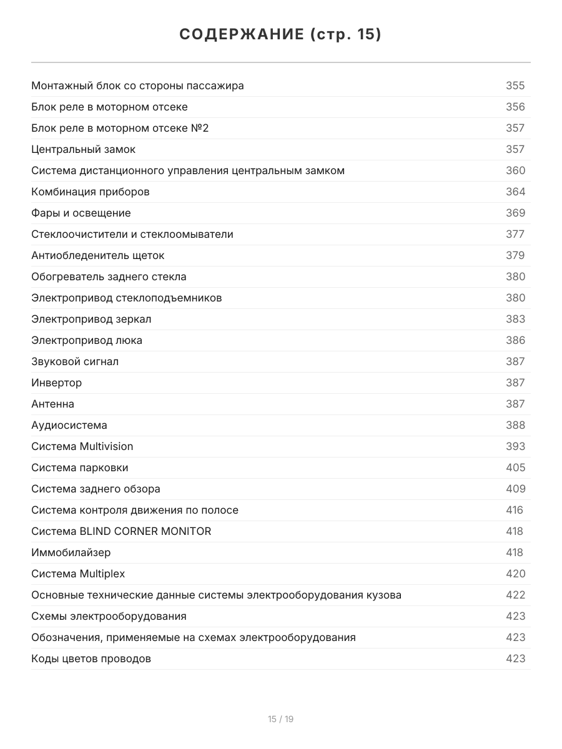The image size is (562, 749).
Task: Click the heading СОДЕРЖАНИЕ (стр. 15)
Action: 280,34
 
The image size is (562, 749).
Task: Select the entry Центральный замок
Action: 83,149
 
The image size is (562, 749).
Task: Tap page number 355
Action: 515,86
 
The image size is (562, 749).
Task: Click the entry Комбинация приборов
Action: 90,192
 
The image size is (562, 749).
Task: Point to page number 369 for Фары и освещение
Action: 515,213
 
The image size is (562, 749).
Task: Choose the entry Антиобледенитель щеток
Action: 97,255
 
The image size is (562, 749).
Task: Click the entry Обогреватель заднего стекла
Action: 109,277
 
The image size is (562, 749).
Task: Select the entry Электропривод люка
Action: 86,340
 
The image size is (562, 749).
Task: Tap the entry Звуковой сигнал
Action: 74,361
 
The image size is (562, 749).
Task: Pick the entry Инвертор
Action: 56,383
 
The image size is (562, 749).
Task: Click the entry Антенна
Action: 52,404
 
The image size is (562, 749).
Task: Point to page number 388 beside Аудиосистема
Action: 515,425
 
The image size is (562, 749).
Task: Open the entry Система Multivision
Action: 82,446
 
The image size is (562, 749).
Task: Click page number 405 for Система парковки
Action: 515,468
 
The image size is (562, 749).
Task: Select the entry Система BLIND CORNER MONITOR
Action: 121,531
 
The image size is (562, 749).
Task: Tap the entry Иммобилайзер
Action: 71,552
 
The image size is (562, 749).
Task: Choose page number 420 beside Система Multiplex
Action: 515,574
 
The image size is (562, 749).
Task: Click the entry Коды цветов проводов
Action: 91,658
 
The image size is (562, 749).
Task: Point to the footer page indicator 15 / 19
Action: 280,719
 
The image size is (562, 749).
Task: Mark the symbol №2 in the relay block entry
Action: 200,128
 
